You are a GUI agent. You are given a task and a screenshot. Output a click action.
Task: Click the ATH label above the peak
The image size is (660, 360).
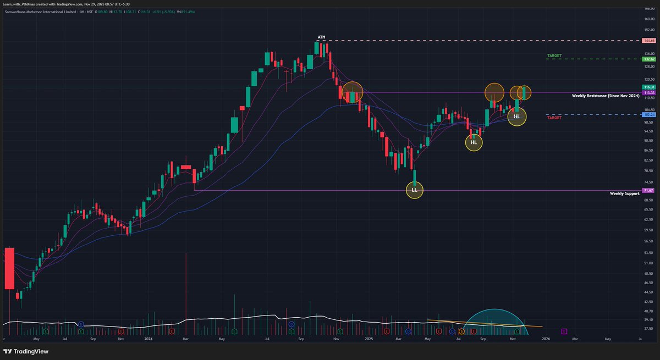point(321,37)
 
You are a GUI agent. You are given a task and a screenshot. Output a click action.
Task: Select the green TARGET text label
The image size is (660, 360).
point(554,56)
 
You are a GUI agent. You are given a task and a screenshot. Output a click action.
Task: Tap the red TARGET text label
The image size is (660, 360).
point(554,118)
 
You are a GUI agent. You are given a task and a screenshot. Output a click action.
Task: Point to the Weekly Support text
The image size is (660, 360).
point(624,193)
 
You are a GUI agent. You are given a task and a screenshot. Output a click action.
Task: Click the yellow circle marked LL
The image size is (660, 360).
point(415,190)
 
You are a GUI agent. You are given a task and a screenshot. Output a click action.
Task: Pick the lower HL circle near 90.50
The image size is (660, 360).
point(474,143)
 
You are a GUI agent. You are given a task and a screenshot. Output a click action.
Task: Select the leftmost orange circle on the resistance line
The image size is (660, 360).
point(353,92)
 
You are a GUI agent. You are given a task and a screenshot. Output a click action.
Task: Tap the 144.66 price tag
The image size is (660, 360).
point(648,41)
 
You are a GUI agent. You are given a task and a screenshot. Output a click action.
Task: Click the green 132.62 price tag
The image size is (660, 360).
point(648,59)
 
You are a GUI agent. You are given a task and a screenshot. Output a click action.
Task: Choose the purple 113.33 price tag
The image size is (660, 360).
point(648,93)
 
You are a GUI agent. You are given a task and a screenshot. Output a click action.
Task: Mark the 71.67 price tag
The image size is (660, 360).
point(648,190)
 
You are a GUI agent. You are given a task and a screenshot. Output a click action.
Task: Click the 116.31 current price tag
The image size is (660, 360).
point(648,87)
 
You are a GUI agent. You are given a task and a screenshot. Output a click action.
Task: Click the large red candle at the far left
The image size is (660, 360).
point(9,268)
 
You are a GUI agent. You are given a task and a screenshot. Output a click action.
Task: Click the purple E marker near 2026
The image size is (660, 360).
point(564,331)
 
